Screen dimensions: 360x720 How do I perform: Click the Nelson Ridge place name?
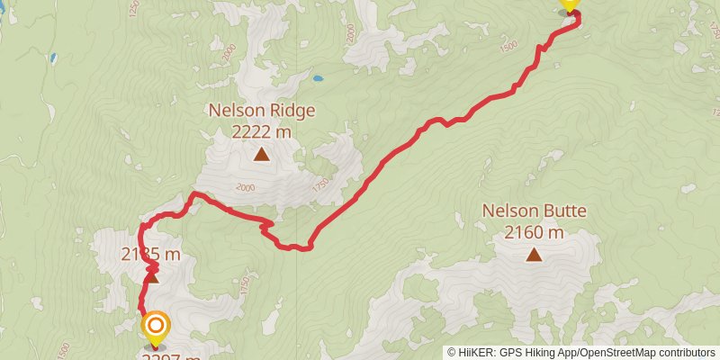(x=261, y=111)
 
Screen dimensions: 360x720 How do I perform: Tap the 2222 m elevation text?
(x=261, y=131)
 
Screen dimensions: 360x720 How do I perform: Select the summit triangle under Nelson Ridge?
(x=261, y=155)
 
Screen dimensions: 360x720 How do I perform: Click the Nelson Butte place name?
(x=534, y=212)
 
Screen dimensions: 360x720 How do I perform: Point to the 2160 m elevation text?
(x=534, y=233)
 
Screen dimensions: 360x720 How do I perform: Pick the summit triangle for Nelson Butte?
(x=534, y=255)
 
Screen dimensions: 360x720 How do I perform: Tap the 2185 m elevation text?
(x=151, y=255)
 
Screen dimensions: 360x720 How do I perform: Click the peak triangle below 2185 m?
(x=152, y=276)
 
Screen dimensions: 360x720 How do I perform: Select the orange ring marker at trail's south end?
(x=156, y=327)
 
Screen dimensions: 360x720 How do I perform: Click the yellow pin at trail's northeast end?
(x=569, y=4)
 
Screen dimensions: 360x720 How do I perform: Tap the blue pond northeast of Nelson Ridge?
(x=317, y=77)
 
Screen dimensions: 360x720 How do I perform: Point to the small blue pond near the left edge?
(x=53, y=58)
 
